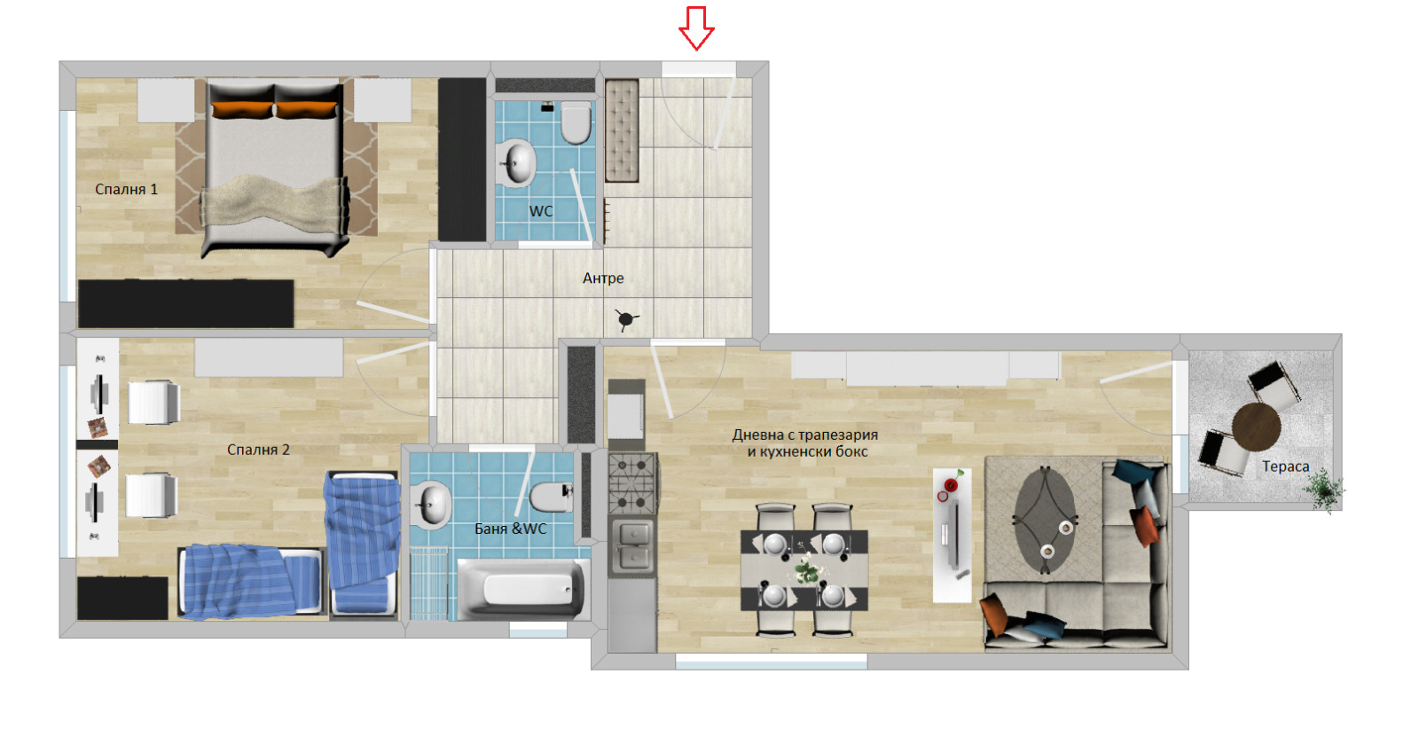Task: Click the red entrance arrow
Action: (x=696, y=28)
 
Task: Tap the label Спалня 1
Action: (x=126, y=189)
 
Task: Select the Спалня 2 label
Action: (x=258, y=450)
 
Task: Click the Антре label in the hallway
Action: (x=603, y=278)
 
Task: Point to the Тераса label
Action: (x=1285, y=467)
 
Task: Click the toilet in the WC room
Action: (x=576, y=122)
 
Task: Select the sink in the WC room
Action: (x=515, y=163)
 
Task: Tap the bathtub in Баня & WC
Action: (x=521, y=589)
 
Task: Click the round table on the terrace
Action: (x=1256, y=427)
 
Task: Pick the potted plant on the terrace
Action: (x=1324, y=490)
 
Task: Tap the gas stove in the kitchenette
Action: (x=631, y=483)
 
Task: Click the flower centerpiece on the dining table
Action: (x=806, y=568)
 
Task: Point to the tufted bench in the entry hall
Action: (x=622, y=130)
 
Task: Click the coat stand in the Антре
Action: (x=626, y=319)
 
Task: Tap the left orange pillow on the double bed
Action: (x=243, y=109)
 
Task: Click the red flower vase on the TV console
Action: (x=951, y=485)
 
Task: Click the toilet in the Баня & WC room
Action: (x=551, y=498)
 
